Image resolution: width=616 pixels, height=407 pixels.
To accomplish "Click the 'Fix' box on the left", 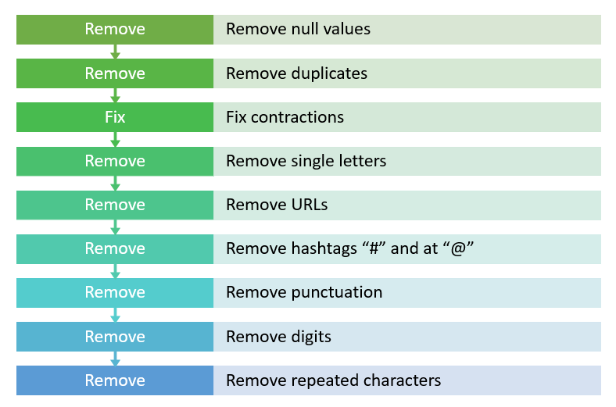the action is tap(115, 117).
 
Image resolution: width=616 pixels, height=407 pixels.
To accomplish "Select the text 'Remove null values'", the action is tap(298, 29).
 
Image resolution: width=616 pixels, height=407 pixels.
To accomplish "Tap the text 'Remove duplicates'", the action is tap(296, 73).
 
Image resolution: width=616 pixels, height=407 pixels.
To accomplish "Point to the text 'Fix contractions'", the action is tap(285, 117).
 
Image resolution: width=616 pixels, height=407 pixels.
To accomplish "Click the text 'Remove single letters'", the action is tap(306, 161).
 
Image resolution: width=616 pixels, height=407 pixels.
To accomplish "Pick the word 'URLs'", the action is tap(310, 205).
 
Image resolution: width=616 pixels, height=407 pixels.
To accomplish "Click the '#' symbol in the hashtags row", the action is tap(374, 248).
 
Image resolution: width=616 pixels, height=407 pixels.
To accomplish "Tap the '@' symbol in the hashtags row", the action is tap(458, 249).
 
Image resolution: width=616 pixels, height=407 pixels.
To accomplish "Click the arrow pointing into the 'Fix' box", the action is tap(115, 95).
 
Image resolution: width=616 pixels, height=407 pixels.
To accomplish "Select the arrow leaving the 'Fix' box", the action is tap(115, 139).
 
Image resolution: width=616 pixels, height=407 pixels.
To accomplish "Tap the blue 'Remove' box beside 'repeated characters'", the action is tap(115, 380).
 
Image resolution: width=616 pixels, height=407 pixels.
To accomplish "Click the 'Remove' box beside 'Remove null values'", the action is tap(115, 30).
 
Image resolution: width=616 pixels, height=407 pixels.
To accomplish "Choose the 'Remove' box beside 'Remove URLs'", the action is tap(115, 205).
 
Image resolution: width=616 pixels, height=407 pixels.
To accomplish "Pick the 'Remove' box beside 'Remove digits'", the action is tap(115, 337).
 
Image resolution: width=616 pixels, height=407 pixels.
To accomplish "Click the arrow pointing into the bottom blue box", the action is tap(115, 359).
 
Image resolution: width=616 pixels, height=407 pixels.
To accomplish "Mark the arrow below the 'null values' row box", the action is tap(115, 52).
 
